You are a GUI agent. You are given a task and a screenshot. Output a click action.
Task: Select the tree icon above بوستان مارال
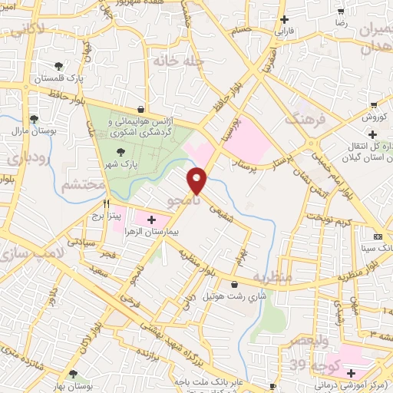pyautogui.click(x=34, y=118)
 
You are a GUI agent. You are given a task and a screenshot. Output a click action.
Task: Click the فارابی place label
pyautogui.click(x=285, y=33)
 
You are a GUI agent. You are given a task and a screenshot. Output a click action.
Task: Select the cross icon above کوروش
pyautogui.click(x=373, y=104)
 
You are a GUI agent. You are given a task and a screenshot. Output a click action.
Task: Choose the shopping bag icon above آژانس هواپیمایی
pyautogui.click(x=139, y=109)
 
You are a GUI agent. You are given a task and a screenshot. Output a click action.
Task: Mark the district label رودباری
pyautogui.click(x=19, y=160)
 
